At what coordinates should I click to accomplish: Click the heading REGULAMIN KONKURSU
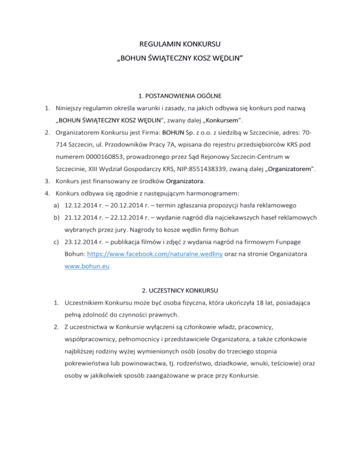pos(180,45)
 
